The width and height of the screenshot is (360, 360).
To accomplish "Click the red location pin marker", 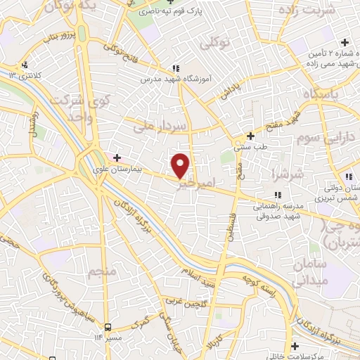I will [x=181, y=165].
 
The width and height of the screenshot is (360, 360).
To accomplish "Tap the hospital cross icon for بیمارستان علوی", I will [x=117, y=157].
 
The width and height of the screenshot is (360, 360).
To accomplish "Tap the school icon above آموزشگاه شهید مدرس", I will [x=175, y=69].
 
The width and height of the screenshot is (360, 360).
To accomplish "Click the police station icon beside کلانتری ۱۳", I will [x=25, y=65].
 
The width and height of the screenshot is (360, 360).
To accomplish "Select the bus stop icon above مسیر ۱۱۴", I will [x=108, y=327].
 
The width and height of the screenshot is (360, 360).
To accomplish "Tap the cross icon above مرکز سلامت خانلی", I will [x=296, y=345].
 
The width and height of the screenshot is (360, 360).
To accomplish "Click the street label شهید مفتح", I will [x=269, y=120].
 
